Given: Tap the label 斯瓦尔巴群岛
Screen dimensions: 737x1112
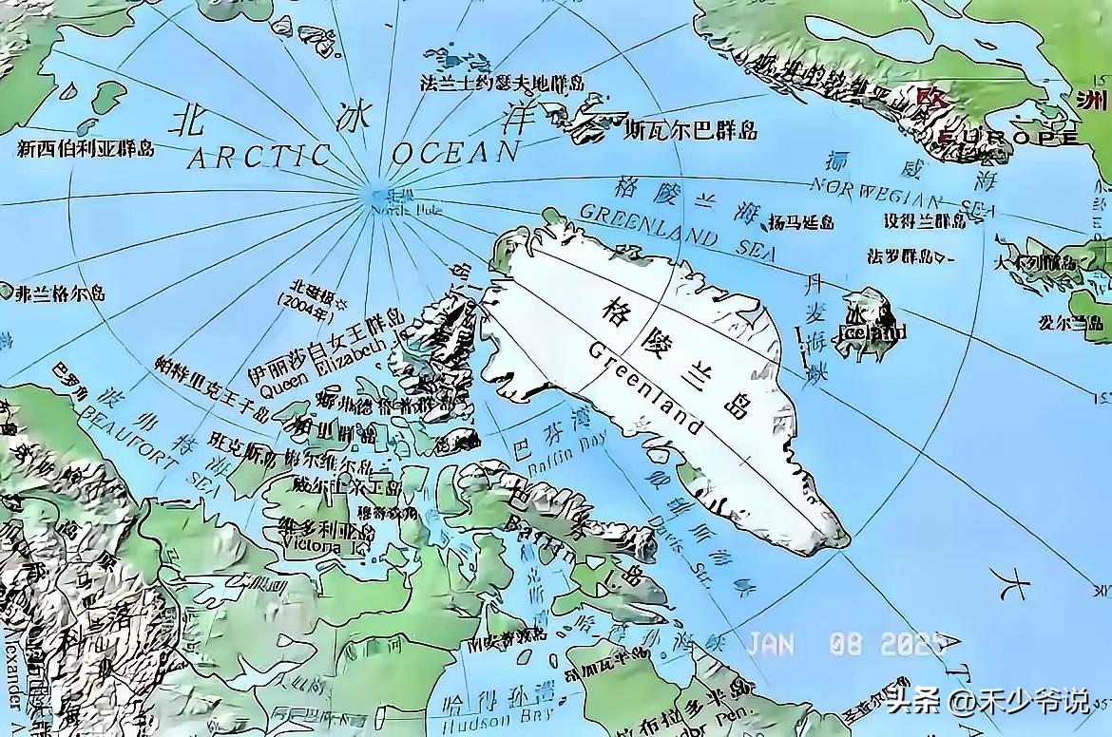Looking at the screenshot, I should (x=690, y=130).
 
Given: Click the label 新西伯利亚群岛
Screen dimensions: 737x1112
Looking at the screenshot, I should (x=86, y=148).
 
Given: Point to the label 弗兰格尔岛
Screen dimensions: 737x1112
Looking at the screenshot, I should (x=59, y=293).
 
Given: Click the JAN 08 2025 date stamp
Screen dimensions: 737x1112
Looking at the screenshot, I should (x=844, y=644).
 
